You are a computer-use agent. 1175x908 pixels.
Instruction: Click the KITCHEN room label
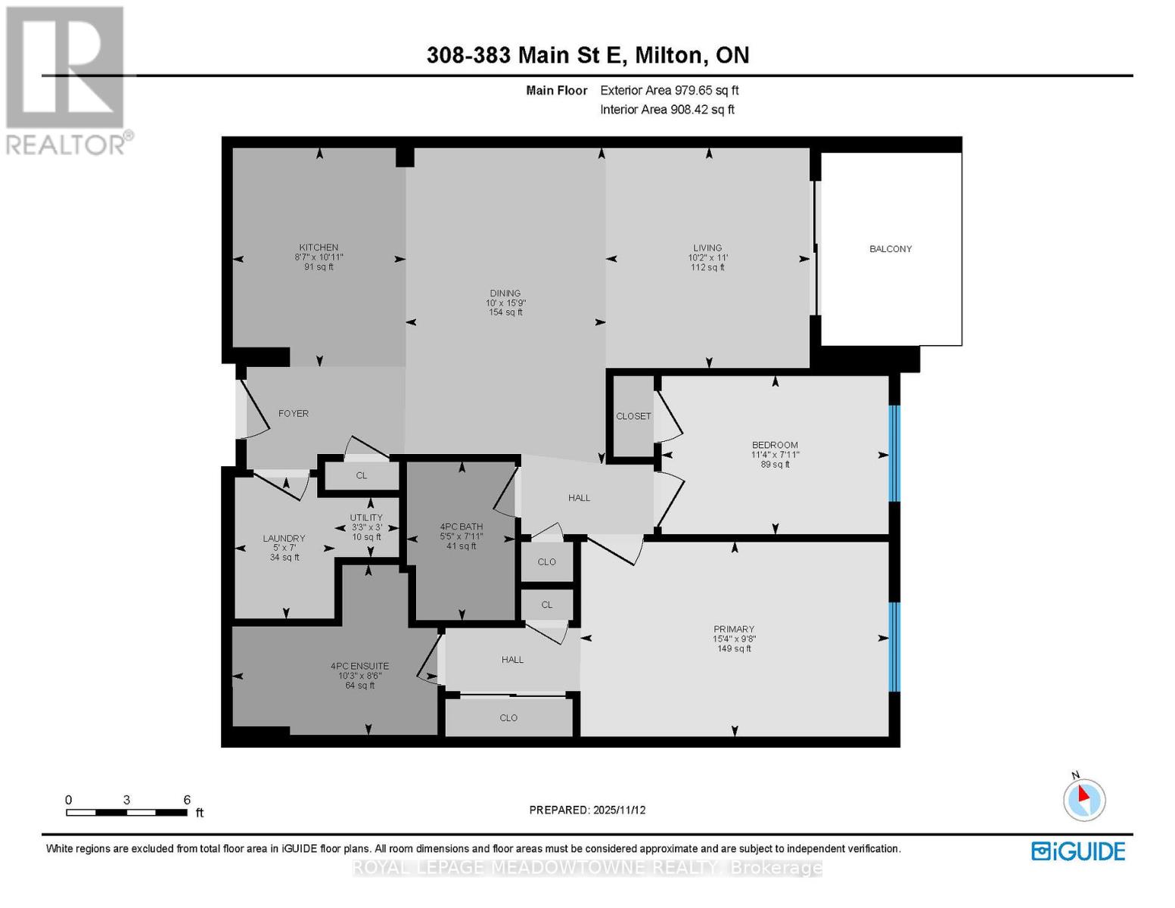coord(319,247)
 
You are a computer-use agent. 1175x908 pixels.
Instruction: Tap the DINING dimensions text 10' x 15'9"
coord(505,303)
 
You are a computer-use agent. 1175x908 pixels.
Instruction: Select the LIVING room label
coord(707,247)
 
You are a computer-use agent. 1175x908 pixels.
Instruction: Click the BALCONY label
coord(891,249)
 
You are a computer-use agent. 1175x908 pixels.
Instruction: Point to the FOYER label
coord(294,414)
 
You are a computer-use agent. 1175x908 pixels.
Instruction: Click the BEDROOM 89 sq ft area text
coord(775,465)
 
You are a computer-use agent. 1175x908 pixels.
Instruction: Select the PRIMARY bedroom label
coord(734,629)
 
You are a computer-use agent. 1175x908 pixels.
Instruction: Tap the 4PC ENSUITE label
coord(359,667)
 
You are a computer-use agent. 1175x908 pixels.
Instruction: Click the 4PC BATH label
coord(462,527)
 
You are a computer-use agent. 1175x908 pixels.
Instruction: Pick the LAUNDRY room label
coord(284,539)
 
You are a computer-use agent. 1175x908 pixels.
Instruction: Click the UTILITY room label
coord(366,518)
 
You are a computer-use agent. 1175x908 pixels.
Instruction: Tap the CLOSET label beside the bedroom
coord(633,416)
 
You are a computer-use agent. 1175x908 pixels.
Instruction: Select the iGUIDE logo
coord(1078,851)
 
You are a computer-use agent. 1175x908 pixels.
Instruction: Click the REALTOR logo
coord(67,79)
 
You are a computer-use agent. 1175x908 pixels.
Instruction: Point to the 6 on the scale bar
coord(187,800)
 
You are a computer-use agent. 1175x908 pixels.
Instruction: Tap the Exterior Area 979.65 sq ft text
coord(669,90)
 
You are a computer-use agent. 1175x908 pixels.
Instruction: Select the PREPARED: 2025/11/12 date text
coord(587,810)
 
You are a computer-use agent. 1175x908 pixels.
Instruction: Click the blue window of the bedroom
coord(894,454)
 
